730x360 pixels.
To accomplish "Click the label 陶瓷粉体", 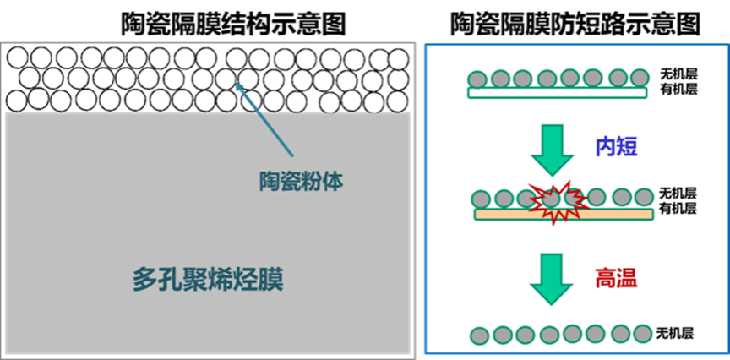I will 302,181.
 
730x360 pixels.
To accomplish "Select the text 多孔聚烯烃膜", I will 208,281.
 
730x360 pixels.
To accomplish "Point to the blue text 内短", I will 615,146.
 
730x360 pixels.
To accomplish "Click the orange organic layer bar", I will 564,215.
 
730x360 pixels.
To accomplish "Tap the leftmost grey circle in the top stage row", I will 478,79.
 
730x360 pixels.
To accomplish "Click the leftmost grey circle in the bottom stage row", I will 479,333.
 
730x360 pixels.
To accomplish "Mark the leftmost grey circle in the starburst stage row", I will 482,199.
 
